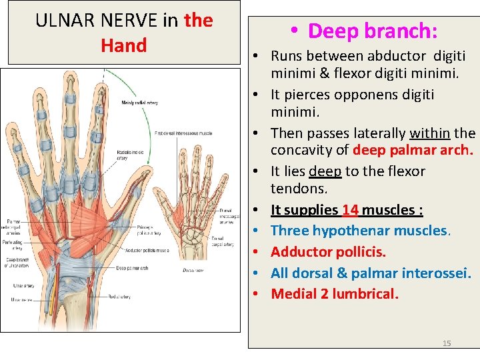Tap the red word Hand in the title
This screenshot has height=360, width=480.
123,45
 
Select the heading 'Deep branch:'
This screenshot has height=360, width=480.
363,31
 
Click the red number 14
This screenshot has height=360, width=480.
350,210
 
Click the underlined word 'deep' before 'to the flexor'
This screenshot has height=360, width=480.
325,171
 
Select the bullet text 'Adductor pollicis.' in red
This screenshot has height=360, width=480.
338,252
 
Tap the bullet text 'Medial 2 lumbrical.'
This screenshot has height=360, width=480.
335,293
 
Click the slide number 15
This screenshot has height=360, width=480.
447,343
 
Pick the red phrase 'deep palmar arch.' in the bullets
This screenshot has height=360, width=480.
413,150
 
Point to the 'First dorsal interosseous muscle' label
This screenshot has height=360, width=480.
183,133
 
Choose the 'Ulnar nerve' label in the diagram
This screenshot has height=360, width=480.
21,300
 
